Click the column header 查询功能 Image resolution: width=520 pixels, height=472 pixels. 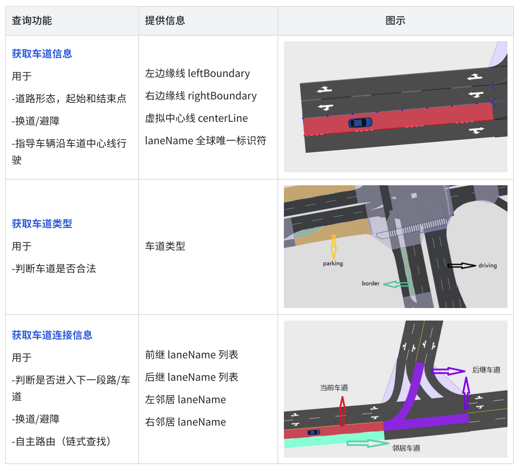[x=32, y=20]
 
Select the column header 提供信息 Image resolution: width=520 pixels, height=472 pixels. [x=165, y=20]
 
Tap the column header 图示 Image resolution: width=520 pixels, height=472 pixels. [x=395, y=20]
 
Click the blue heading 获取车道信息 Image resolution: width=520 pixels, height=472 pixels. [x=42, y=54]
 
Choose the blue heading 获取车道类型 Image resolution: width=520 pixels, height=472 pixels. [x=42, y=224]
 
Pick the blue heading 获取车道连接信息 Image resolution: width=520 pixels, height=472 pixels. [x=52, y=335]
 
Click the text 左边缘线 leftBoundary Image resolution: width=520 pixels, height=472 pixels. [x=197, y=73]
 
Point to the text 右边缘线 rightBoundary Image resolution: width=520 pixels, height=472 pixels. [x=201, y=96]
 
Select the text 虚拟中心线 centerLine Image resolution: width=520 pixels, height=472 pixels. [x=196, y=118]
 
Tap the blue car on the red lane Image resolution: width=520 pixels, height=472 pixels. [x=360, y=122]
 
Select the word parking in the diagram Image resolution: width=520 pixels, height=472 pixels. [x=333, y=264]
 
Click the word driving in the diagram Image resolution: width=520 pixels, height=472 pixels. [x=488, y=265]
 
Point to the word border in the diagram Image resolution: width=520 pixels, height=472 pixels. [x=371, y=283]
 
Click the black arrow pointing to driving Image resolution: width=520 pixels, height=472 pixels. [x=462, y=265]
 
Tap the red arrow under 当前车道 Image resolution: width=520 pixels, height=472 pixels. [x=342, y=411]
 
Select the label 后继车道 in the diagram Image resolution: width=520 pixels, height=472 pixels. [x=486, y=370]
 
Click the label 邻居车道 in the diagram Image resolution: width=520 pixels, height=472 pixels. [x=406, y=448]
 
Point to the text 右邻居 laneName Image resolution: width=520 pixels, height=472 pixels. [x=186, y=422]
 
